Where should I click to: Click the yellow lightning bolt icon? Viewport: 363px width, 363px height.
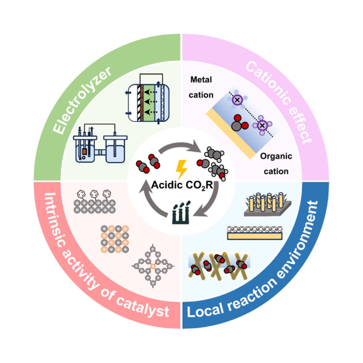click(182, 169)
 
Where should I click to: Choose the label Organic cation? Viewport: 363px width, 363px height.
click(276, 164)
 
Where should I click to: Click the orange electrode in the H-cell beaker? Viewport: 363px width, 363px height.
click(84, 151)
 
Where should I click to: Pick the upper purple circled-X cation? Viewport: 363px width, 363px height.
click(237, 99)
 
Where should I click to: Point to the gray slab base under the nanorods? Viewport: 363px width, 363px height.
click(268, 211)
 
